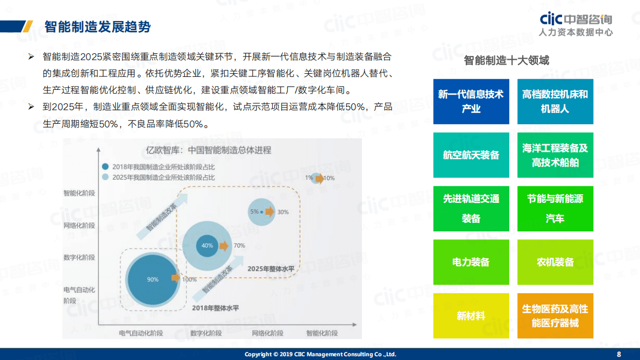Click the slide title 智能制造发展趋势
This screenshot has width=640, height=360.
point(97,27)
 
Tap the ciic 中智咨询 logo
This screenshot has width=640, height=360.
point(576,24)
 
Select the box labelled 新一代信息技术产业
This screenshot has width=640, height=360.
point(471,102)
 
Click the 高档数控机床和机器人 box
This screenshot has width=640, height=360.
point(555,102)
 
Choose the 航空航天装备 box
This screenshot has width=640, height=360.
point(471,155)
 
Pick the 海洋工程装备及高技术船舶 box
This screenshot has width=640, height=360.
point(555,155)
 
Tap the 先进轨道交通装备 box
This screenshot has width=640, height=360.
point(471,209)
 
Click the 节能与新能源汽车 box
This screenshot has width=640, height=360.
point(555,209)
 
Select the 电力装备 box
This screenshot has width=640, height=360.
point(471,262)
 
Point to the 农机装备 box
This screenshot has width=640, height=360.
point(555,262)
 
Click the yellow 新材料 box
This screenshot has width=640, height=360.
point(471,316)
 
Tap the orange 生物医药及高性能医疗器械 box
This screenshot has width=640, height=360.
point(555,316)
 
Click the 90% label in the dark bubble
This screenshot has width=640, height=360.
point(153,279)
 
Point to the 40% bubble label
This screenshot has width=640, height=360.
point(207,245)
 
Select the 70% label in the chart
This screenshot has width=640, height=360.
point(239,246)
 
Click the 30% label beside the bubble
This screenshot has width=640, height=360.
point(283,212)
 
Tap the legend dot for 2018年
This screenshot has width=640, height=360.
point(106,167)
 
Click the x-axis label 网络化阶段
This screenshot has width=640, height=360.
point(267,333)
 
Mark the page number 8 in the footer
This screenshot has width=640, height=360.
point(618,354)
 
